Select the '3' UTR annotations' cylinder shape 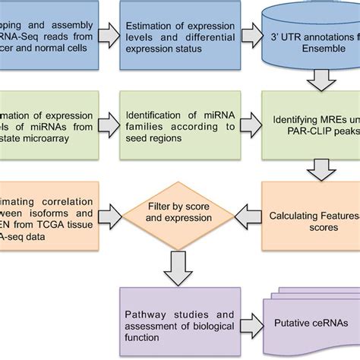[x=311, y=36]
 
